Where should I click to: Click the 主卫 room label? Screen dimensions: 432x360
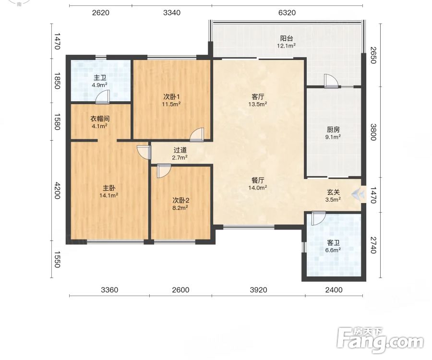(x=100, y=78)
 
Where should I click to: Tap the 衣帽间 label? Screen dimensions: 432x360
(x=100, y=119)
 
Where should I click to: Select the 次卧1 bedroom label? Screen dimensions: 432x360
(x=171, y=96)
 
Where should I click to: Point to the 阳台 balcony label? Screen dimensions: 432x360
(x=286, y=38)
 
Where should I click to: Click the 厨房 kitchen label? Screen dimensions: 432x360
(x=333, y=130)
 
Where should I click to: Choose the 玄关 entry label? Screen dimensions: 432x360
(x=333, y=192)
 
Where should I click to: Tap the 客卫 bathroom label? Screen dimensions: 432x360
(x=333, y=243)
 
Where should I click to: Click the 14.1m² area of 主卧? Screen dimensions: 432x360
(x=109, y=195)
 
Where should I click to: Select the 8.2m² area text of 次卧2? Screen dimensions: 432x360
(x=180, y=208)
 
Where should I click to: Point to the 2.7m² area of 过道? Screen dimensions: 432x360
(x=180, y=157)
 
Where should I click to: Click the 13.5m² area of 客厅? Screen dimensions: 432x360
(x=258, y=104)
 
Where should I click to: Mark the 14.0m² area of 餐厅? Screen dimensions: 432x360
(x=258, y=188)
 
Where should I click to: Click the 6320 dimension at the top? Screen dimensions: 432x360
(x=287, y=12)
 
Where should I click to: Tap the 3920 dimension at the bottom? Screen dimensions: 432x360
(x=258, y=290)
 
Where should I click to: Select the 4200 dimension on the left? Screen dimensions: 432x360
(x=57, y=191)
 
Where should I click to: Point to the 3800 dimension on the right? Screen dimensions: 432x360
(x=373, y=132)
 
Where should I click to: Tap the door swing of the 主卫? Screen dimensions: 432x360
(x=103, y=97)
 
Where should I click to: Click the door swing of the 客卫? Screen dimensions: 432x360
(x=319, y=218)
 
